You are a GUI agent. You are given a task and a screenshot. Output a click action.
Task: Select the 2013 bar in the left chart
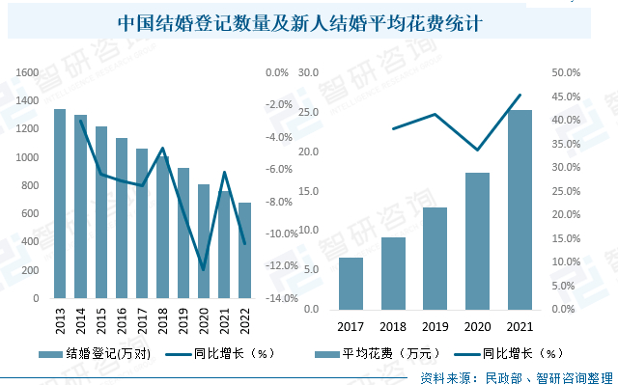coord(60,204)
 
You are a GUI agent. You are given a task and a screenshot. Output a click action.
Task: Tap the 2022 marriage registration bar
coord(244,250)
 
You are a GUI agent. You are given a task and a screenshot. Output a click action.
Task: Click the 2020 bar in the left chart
coord(204,241)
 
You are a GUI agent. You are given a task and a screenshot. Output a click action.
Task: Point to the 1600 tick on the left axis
coord(27,72)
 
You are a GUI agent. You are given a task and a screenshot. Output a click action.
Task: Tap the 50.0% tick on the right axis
coord(565,72)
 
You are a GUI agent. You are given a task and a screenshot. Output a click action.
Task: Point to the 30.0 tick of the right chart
coord(309,72)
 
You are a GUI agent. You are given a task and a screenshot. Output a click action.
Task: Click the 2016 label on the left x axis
coord(122,316)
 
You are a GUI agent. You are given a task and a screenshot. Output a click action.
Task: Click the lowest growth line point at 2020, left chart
coord(204,269)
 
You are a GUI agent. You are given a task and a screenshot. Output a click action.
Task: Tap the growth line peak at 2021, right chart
coord(520,95)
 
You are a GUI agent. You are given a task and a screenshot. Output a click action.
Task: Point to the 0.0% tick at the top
coord(277,72)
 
